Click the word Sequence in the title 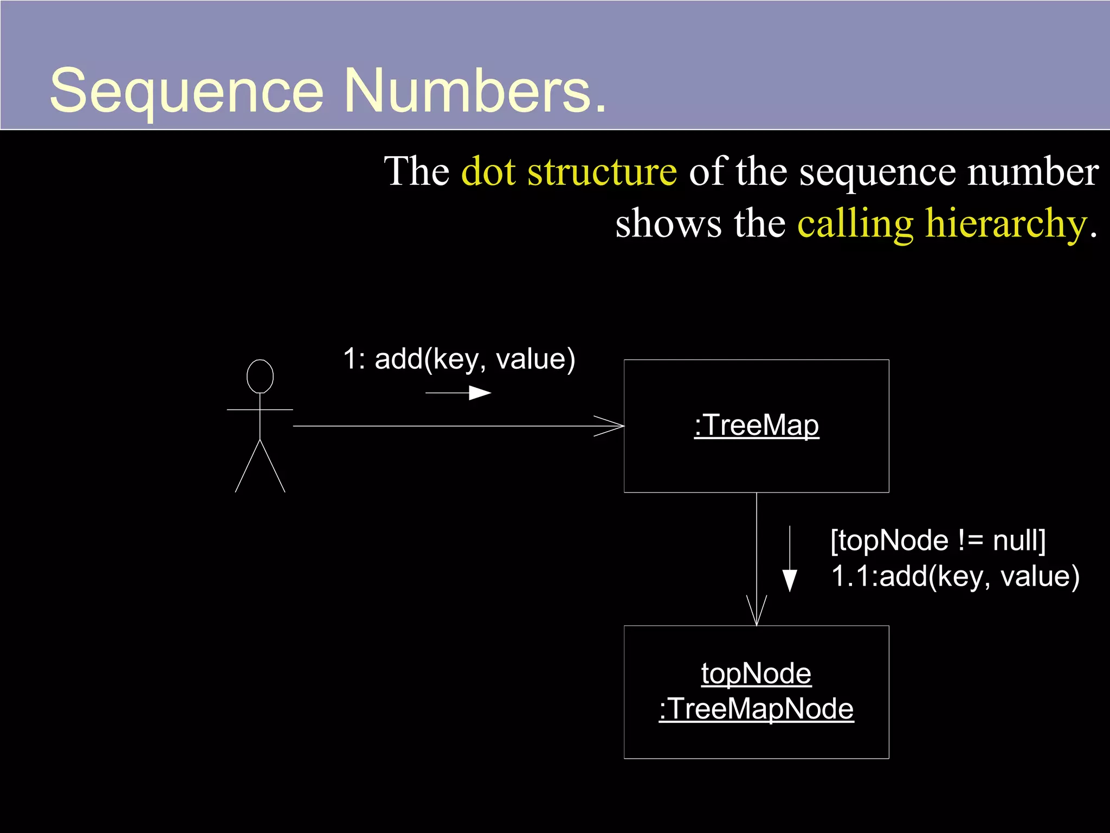point(186,91)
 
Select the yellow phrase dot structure point(569,172)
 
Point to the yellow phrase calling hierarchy point(942,223)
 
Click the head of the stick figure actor point(260,376)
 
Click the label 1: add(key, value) point(459,359)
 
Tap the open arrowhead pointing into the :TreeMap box point(610,426)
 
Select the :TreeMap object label point(756,425)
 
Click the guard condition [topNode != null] point(938,541)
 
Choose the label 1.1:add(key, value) point(955,576)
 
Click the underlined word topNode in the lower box point(756,674)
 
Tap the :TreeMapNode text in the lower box point(756,709)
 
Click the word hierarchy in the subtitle point(1006,223)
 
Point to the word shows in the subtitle point(668,223)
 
